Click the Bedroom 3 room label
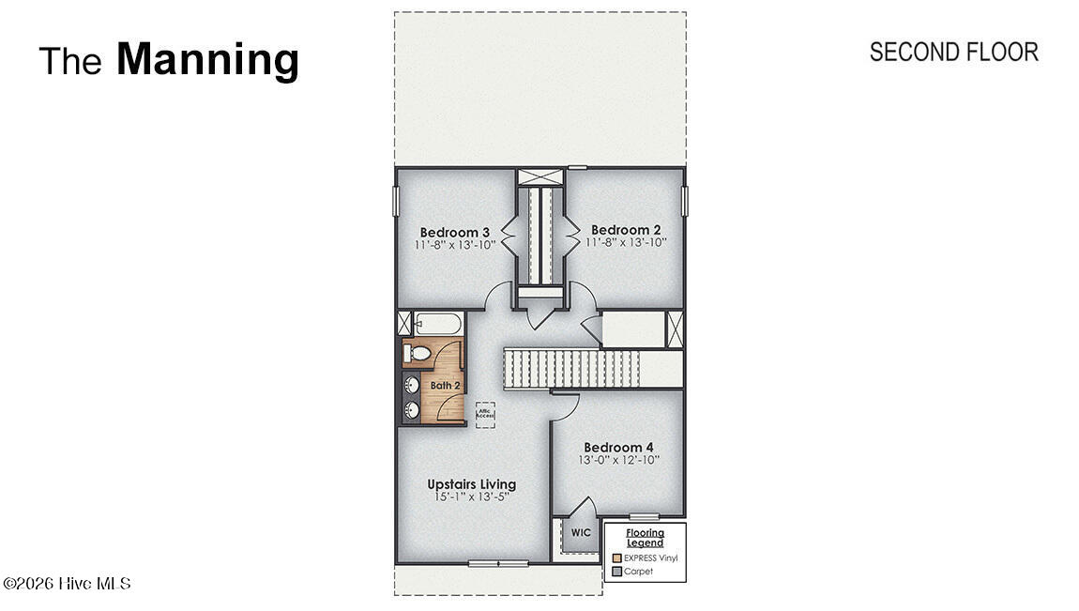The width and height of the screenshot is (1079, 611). pyautogui.click(x=455, y=232)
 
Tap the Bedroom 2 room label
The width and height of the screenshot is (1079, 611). pyautogui.click(x=626, y=229)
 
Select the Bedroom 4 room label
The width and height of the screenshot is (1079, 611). pyautogui.click(x=618, y=448)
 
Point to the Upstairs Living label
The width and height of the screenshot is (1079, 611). pyautogui.click(x=471, y=484)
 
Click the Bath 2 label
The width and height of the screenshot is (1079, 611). pyautogui.click(x=446, y=385)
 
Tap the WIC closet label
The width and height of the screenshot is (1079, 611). pyautogui.click(x=582, y=532)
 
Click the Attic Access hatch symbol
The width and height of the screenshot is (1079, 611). pyautogui.click(x=485, y=413)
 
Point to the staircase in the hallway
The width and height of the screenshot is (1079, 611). pyautogui.click(x=572, y=367)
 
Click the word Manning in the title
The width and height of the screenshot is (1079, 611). pyautogui.click(x=207, y=59)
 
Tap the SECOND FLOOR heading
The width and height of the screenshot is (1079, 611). pyautogui.click(x=953, y=52)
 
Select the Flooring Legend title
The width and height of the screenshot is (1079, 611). pyautogui.click(x=645, y=538)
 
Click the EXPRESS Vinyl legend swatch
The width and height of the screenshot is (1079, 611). pyautogui.click(x=616, y=558)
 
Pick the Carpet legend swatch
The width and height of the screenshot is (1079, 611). pyautogui.click(x=616, y=571)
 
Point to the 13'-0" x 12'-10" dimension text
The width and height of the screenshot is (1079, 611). pyautogui.click(x=618, y=460)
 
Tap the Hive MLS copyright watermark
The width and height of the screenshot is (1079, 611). pyautogui.click(x=67, y=584)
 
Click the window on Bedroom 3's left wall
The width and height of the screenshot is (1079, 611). pyautogui.click(x=396, y=201)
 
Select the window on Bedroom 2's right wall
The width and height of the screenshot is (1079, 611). pyautogui.click(x=685, y=200)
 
